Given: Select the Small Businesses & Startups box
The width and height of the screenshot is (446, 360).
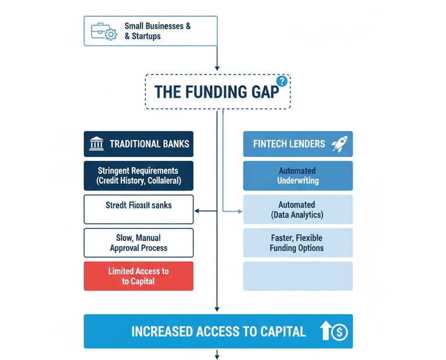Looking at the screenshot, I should (x=150, y=31).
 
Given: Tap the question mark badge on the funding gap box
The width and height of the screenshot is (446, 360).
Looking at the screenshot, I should (x=282, y=81).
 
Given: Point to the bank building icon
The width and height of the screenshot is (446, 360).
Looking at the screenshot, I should (x=96, y=144).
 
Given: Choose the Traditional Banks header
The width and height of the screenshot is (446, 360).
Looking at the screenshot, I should (x=138, y=144).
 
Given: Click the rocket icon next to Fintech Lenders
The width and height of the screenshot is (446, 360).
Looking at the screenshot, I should (x=339, y=144).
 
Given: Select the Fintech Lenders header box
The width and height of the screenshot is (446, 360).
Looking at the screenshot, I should (x=297, y=144).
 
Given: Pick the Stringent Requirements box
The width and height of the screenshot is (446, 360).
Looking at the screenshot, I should (x=138, y=176).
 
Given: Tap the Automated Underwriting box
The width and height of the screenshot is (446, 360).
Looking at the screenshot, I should (x=297, y=176).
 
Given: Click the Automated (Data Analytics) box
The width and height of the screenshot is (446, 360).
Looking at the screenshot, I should (x=297, y=210).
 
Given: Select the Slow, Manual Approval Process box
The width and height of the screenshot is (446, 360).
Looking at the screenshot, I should (x=138, y=243).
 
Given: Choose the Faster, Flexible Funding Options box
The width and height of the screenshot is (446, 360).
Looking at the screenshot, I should (x=297, y=243).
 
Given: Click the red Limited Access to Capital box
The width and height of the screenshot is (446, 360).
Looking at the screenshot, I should (x=138, y=276).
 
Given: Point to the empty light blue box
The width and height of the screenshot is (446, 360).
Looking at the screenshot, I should (x=297, y=276).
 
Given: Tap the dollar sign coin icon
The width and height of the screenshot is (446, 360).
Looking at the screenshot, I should (x=339, y=332).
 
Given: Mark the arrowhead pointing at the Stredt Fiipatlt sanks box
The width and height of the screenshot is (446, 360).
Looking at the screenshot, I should (x=196, y=210).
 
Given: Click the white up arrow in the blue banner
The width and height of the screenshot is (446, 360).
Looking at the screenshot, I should (x=325, y=332).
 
